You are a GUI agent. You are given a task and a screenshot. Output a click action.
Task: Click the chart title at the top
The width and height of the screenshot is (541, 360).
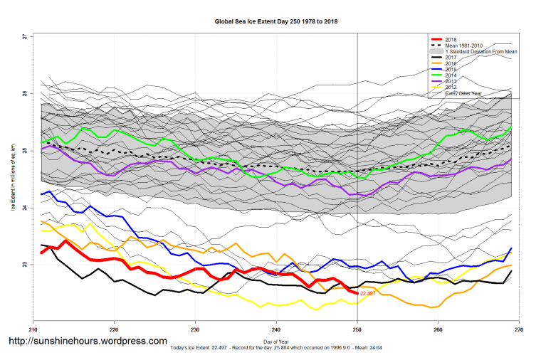tap(276, 22)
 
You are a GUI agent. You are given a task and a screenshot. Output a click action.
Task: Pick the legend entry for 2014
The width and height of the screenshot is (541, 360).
tap(450, 75)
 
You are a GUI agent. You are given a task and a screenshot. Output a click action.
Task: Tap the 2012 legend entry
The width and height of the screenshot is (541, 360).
tap(450, 88)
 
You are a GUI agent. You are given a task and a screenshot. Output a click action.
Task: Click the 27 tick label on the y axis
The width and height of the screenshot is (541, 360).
tap(23, 36)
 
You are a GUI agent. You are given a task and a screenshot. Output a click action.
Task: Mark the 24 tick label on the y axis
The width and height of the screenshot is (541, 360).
tap(23, 208)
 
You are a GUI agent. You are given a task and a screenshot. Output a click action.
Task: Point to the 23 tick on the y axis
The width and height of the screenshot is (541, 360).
tap(23, 265)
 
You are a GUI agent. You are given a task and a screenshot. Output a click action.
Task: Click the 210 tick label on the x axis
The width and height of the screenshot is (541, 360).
tap(33, 329)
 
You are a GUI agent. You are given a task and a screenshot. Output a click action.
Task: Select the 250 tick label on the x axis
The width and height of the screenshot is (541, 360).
tap(357, 329)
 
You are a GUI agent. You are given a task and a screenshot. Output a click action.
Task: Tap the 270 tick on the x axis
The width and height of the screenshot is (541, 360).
tap(519, 329)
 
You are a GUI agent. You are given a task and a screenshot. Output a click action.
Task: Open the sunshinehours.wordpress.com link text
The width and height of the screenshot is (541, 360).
tap(87, 342)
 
